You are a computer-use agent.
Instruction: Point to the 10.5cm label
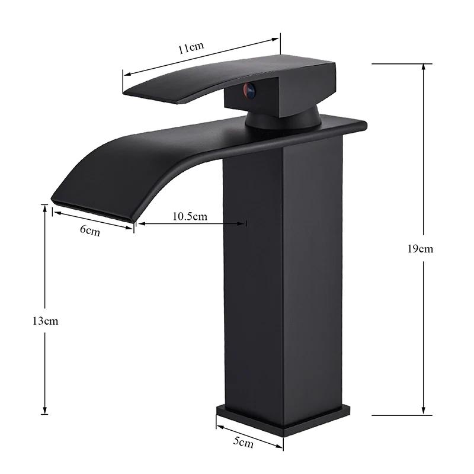point(190,216)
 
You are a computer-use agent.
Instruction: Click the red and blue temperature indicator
point(249,91)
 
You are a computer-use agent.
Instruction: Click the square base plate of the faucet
point(284,417)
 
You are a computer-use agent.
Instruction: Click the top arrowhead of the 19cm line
point(423,65)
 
